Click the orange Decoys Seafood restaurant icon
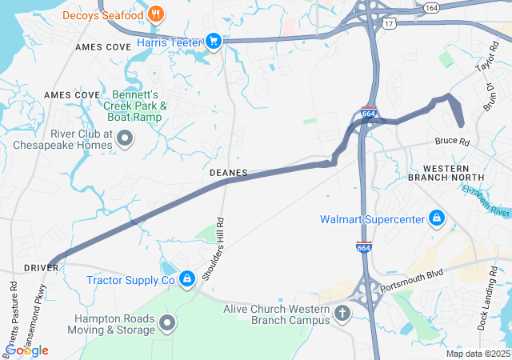click(x=156, y=14)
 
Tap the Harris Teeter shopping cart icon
click(x=214, y=41)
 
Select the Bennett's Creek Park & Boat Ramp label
click(x=134, y=106)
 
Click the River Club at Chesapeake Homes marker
click(x=125, y=140)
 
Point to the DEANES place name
click(x=228, y=173)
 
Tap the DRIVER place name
click(x=42, y=267)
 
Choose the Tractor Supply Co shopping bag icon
click(x=186, y=278)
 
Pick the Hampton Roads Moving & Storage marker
click(x=167, y=323)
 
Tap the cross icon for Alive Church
click(x=342, y=313)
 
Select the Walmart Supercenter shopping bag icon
click(x=436, y=218)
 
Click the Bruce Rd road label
click(x=450, y=142)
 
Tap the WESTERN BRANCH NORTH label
click(x=453, y=172)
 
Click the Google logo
click(x=27, y=350)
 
